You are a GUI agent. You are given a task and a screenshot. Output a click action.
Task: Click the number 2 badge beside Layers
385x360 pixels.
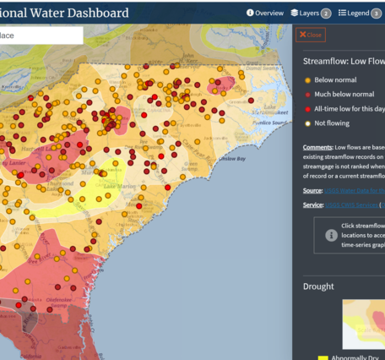[325, 13]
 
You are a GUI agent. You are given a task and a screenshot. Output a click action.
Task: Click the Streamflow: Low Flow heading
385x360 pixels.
[343, 61]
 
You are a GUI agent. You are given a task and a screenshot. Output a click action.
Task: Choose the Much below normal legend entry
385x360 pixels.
[344, 94]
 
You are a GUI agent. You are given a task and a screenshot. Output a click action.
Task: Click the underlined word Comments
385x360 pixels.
[318, 146]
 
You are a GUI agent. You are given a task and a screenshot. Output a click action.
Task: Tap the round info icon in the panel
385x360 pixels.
[331, 234]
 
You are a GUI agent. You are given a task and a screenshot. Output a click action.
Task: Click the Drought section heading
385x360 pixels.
[319, 286]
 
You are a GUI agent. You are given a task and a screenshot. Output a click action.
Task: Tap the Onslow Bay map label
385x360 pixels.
[230, 158]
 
